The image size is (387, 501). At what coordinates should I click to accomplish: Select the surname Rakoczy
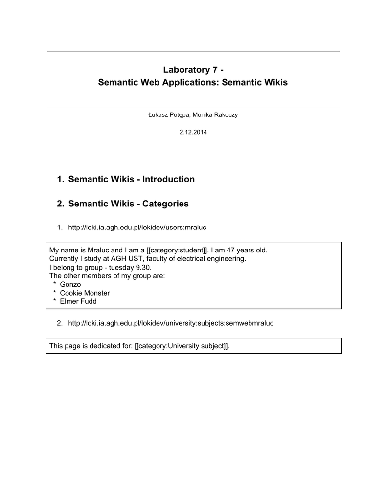(x=225, y=115)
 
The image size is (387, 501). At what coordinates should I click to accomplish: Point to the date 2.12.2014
(x=193, y=133)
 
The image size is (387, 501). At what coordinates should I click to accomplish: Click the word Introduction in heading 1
(x=168, y=179)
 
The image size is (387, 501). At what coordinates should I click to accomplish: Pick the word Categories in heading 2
(x=165, y=204)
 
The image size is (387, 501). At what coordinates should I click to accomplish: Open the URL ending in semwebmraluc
(x=171, y=323)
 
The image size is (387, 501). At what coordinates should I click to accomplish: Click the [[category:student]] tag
(x=178, y=250)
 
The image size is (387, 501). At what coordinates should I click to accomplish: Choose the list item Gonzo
(x=70, y=284)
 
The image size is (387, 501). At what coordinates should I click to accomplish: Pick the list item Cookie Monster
(x=85, y=293)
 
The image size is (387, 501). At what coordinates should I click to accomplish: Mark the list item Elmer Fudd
(x=78, y=301)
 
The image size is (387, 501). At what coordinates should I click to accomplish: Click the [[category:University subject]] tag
(x=182, y=346)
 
